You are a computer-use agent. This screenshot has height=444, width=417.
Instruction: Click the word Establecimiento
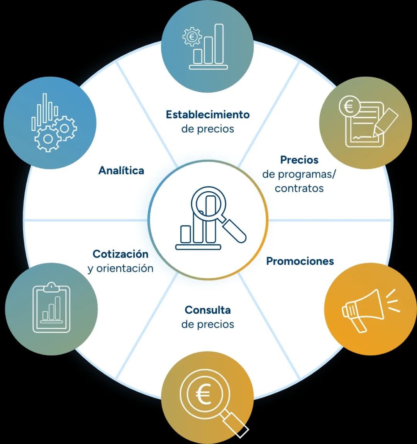tap(208, 115)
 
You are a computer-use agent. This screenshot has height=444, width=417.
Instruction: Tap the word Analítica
tap(121, 170)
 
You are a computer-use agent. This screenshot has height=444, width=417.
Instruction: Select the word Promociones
tap(300, 261)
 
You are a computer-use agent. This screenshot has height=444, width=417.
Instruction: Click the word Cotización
tap(120, 254)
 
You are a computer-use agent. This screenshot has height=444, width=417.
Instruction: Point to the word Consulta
tap(208, 310)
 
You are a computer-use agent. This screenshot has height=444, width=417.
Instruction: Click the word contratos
tap(299, 188)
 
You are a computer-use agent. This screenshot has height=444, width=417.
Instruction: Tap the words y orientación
tap(120, 268)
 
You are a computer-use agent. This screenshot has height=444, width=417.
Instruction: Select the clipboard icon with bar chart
tap(51, 308)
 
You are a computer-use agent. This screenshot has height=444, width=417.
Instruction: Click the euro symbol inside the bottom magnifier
tap(204, 394)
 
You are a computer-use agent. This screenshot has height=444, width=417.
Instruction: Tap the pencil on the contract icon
tap(385, 122)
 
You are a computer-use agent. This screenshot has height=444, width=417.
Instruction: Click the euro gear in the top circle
tap(192, 37)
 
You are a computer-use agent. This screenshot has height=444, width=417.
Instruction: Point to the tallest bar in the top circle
tap(219, 44)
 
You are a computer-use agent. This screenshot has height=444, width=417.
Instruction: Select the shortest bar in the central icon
tap(186, 234)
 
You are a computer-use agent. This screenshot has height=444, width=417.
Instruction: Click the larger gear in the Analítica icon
tap(47, 139)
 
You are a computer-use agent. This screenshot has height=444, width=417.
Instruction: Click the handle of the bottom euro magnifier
tap(236, 425)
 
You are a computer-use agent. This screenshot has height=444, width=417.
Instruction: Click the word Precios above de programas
tap(299, 160)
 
